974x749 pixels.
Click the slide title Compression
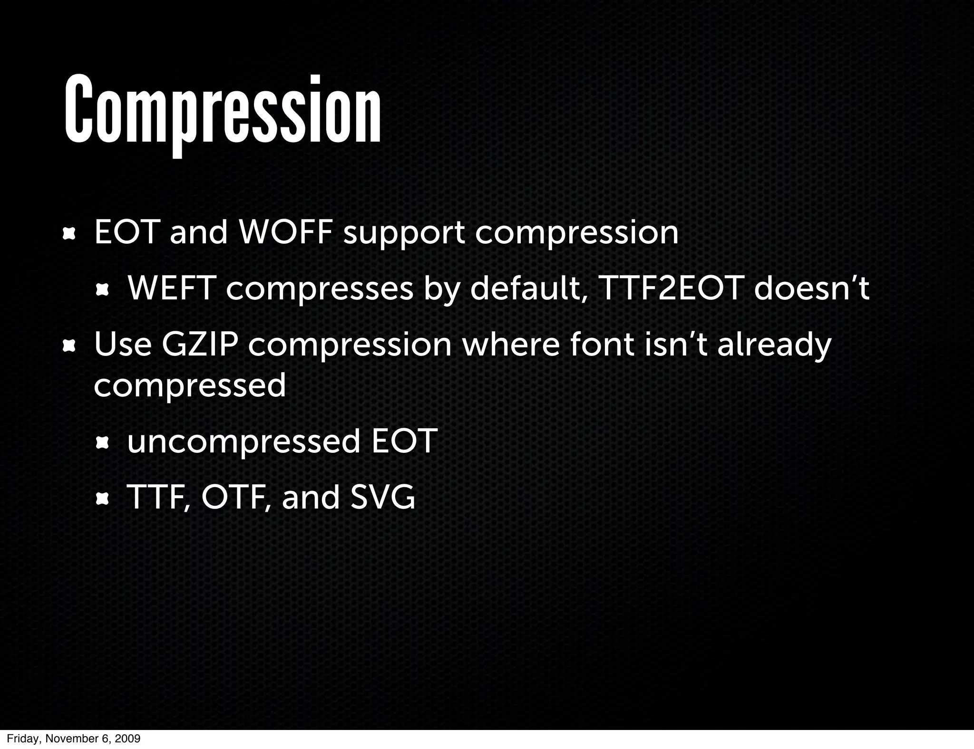[223, 112]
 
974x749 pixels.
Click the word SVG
[382, 498]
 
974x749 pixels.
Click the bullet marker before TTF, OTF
[103, 499]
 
